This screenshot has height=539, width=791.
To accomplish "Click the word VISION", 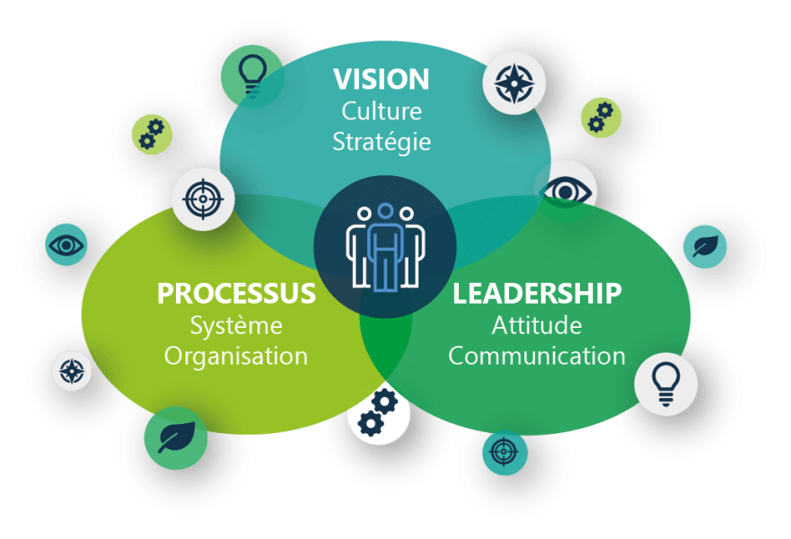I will click(x=381, y=79).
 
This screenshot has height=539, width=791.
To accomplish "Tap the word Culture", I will click(x=381, y=111).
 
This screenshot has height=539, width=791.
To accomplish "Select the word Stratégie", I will click(x=381, y=142).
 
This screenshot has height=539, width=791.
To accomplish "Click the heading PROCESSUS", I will click(x=236, y=294).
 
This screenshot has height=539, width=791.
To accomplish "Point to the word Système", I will click(x=236, y=324).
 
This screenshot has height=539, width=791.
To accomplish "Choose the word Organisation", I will click(x=236, y=355).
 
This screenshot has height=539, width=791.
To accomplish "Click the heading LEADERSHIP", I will click(x=537, y=294).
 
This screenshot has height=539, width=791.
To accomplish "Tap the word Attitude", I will click(x=537, y=324).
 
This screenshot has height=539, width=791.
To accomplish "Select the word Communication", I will click(x=537, y=355).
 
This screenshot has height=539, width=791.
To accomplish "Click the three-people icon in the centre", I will click(x=384, y=246).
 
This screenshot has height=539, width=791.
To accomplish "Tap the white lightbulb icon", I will click(x=665, y=384).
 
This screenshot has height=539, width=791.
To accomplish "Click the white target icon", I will click(x=203, y=199).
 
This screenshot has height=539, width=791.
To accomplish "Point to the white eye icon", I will click(x=565, y=191).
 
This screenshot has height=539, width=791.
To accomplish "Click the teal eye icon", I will click(x=67, y=244).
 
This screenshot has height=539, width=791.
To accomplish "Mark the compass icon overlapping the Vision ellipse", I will click(x=514, y=83).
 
